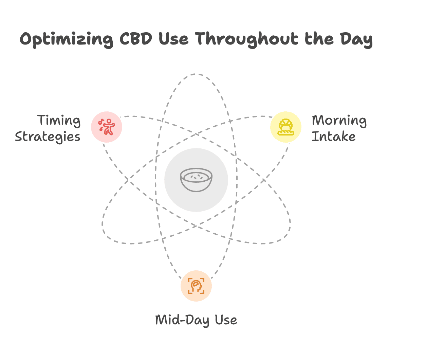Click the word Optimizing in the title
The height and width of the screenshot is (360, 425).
coord(66,39)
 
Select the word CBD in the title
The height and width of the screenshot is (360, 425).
coord(136,38)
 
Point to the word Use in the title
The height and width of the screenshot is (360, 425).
coord(173,39)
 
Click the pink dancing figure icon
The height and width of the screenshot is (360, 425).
coord(107,127)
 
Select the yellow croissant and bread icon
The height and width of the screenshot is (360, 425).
coord(286,127)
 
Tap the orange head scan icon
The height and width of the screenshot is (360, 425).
coord(196,286)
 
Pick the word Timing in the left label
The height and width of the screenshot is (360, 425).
coord(59,120)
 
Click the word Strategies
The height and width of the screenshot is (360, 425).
coord(48,137)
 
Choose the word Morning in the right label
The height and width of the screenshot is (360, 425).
coord(339,120)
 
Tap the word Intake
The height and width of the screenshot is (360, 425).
coord(333,137)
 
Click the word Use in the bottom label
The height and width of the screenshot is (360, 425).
coord(226,320)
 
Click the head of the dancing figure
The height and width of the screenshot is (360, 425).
coord(109,121)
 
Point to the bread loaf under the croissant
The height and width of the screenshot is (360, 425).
coord(286,133)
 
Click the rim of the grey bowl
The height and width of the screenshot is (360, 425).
coord(196,168)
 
